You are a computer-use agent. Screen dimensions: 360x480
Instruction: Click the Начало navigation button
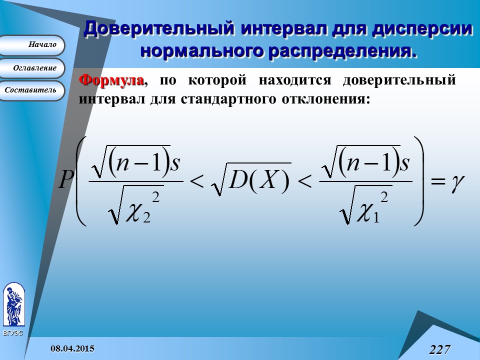pos(33,45)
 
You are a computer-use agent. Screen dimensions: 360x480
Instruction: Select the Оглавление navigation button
pos(33,68)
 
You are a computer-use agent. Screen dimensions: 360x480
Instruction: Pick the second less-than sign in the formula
pos(305,182)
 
